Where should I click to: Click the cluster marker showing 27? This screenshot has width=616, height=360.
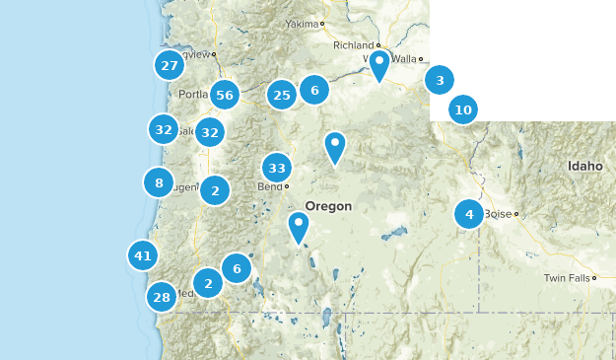coord(170,66)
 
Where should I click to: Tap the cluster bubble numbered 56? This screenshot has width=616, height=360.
coord(225,95)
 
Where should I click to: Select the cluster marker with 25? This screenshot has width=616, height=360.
coord(283,95)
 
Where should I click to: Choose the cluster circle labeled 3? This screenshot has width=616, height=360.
coord(440,81)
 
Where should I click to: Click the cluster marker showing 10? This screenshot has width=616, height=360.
coord(463,109)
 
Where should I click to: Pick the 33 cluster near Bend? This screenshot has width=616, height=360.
coord(277,168)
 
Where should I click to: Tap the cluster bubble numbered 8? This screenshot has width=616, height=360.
coord(158,182)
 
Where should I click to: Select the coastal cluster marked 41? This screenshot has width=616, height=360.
coord(143,256)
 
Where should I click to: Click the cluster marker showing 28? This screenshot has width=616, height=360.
coord(162,297)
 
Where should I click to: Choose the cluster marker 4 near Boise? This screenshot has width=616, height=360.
coord(469,214)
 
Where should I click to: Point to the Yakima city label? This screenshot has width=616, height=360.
coord(304,23)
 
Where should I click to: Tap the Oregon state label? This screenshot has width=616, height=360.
coord(328,206)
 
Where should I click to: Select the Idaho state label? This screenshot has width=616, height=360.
coord(584,166)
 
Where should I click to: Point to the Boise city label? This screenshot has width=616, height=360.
coord(497,213)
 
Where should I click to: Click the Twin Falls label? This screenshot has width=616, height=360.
coord(567,278)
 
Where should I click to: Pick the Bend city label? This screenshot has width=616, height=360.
coord(269,186)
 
